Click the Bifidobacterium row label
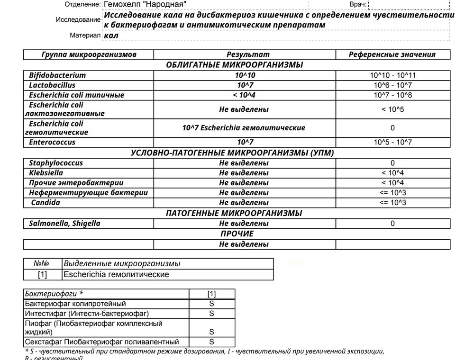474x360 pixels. [57, 75]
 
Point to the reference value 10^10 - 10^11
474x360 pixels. [392, 75]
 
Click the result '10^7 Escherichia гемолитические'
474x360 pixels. [244, 128]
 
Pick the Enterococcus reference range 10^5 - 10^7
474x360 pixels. [392, 142]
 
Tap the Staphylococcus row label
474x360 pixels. [56, 163]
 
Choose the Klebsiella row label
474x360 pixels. [46, 173]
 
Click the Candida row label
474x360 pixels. [46, 203]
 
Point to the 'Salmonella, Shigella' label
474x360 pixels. [64, 224]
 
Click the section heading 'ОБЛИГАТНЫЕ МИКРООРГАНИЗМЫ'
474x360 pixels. [234, 65]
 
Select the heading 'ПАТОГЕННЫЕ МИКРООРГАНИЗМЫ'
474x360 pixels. [234, 213]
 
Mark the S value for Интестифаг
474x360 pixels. [211, 314]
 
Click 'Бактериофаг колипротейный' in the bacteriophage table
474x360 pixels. [75, 304]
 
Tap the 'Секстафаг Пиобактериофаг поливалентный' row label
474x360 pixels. [102, 342]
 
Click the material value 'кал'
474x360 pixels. [111, 36]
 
